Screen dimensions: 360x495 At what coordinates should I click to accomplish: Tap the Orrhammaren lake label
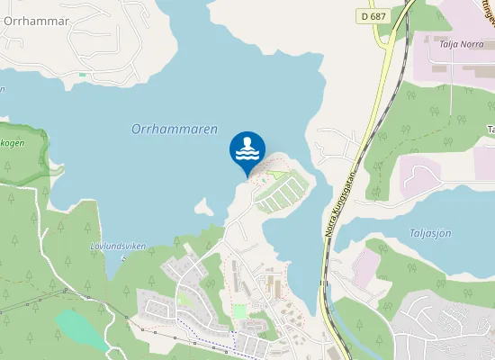[x=175, y=130]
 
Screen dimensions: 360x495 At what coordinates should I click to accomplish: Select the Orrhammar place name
[x=36, y=21]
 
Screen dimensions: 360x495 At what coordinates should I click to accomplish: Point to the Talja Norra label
[x=461, y=41]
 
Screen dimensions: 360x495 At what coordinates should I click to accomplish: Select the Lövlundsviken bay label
[x=119, y=245]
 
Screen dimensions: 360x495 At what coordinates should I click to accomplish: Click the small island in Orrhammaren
[x=204, y=209]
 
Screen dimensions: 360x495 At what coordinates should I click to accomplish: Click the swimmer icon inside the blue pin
[x=247, y=149]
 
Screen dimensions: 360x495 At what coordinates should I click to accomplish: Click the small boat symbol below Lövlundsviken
[x=124, y=256]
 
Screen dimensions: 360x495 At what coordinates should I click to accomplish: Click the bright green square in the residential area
[x=239, y=310]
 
